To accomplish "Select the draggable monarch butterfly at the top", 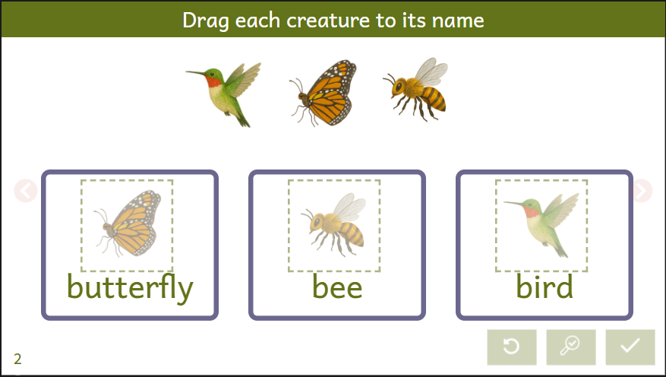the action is pyautogui.click(x=325, y=93).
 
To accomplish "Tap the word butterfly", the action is pyautogui.click(x=130, y=287).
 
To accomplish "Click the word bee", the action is pyautogui.click(x=337, y=287).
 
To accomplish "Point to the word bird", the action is pyautogui.click(x=544, y=287).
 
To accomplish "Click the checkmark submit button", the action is pyautogui.click(x=630, y=347).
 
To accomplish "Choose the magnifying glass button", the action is pyautogui.click(x=571, y=347).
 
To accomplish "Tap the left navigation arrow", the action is pyautogui.click(x=26, y=191).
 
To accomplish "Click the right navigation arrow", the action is pyautogui.click(x=642, y=191).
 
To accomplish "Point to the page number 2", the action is pyautogui.click(x=17, y=360).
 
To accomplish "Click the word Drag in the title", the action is pyautogui.click(x=206, y=21).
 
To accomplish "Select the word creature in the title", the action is pyautogui.click(x=328, y=21).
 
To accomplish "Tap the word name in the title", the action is pyautogui.click(x=458, y=21).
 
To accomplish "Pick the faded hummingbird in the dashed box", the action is pyautogui.click(x=542, y=225).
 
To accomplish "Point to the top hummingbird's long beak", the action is pyautogui.click(x=196, y=74).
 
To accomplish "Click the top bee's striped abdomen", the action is pyautogui.click(x=434, y=99).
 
